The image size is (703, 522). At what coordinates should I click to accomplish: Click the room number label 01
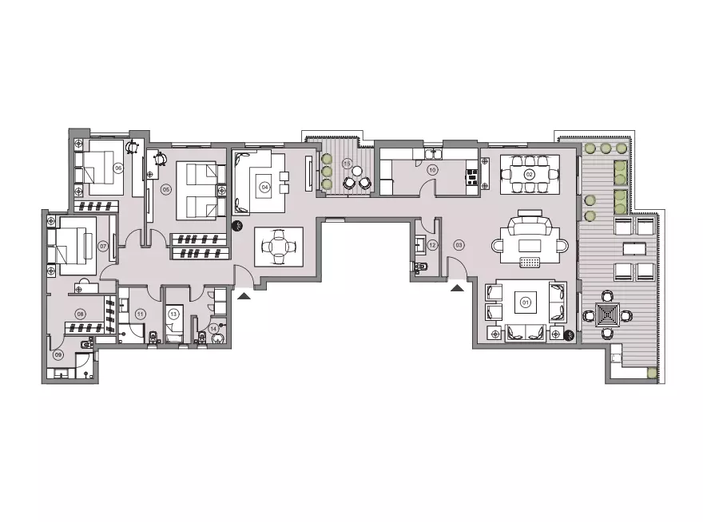click(526, 303)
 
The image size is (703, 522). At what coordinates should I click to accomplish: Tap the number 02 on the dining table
click(529, 174)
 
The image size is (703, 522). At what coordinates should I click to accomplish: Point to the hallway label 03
click(459, 243)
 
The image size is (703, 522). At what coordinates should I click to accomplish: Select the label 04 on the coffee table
click(264, 188)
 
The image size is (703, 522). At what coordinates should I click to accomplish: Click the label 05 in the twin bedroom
click(165, 189)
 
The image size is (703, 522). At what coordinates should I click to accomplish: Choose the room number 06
click(117, 168)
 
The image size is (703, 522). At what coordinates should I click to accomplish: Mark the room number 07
click(103, 247)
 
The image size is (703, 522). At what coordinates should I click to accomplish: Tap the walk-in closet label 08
click(80, 314)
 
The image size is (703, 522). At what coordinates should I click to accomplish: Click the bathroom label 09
click(58, 355)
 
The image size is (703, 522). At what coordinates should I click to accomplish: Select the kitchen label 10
click(432, 169)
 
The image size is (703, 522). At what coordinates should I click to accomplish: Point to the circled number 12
click(432, 245)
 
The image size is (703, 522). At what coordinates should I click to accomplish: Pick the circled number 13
click(173, 314)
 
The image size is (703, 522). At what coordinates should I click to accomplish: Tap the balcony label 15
click(347, 163)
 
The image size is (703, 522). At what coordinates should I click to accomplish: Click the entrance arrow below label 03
click(458, 288)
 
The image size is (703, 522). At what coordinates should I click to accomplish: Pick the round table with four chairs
click(279, 247)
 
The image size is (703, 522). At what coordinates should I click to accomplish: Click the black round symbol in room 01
click(569, 335)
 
